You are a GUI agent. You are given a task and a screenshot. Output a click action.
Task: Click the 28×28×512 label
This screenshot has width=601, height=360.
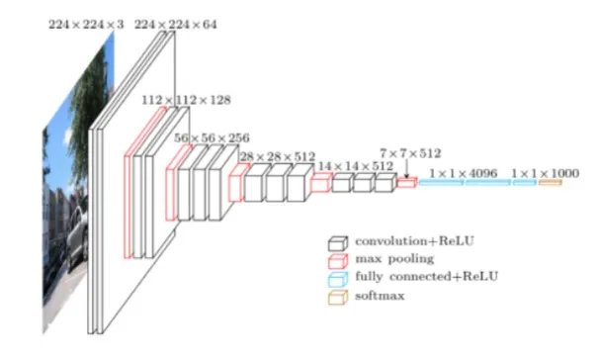pos(278,156)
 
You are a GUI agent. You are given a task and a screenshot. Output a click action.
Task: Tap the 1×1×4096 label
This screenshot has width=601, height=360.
pos(465,172)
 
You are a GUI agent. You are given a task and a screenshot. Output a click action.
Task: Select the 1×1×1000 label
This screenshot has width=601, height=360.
pos(545,172)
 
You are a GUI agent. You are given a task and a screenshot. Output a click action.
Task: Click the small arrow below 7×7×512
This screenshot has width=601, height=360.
pos(406,169)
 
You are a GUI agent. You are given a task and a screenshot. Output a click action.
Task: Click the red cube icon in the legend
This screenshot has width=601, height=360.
pos(338,259)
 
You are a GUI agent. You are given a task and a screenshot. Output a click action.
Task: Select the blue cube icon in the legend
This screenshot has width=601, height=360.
pos(338,277)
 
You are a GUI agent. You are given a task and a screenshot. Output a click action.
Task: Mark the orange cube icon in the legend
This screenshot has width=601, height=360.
pos(338,295)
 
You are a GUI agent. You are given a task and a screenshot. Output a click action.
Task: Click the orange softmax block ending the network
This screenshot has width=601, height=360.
pos(550,183)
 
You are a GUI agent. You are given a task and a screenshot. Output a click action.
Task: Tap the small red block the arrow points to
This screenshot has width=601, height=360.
pos(406,183)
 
